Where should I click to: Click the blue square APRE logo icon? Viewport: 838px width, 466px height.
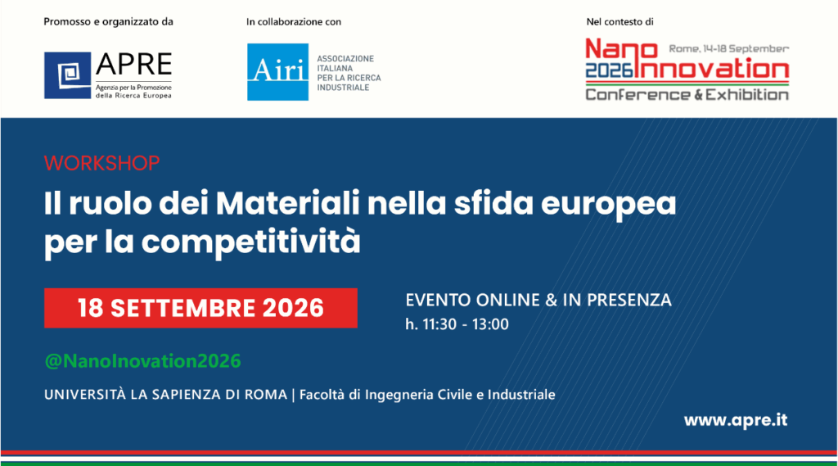click(67, 75)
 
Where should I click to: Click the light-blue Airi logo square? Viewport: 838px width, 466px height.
click(278, 72)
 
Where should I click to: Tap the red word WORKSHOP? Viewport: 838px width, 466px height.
click(101, 163)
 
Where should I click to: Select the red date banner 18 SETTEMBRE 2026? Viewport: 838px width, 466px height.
click(201, 308)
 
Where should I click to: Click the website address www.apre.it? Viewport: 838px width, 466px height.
click(736, 420)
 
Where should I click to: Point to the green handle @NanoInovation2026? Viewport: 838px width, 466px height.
click(142, 361)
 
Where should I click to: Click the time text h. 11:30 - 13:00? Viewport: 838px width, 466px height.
click(457, 324)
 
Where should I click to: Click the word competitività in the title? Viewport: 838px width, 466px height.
click(250, 242)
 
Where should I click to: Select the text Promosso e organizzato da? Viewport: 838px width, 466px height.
click(109, 22)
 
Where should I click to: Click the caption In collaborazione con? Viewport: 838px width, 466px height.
click(294, 22)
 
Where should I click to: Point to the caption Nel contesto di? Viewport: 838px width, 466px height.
click(620, 22)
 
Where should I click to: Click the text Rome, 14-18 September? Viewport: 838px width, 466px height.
click(729, 48)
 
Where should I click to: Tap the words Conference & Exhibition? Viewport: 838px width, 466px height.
click(687, 95)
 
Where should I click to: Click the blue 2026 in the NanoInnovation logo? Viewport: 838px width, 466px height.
click(609, 70)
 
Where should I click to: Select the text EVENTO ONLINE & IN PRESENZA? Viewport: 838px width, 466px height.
click(538, 300)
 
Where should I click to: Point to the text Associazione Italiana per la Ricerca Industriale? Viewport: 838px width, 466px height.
click(349, 73)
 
